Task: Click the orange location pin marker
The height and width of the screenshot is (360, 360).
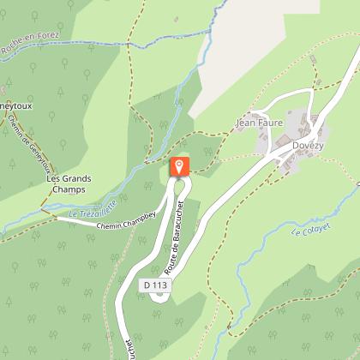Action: click(178, 165)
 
